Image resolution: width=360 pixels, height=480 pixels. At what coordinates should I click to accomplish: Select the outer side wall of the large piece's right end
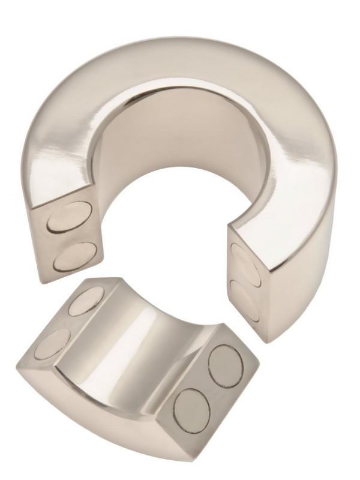pyautogui.click(x=294, y=282)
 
